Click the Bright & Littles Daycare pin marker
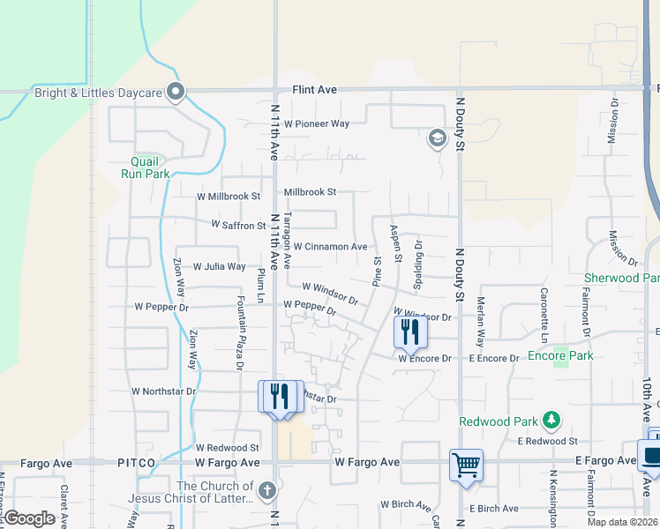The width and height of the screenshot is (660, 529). pos(176,91)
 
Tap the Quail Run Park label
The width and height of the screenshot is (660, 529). pos(145,168)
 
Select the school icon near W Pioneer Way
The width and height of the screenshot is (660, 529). pos(437,138)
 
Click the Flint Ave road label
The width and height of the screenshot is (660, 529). pos(316,90)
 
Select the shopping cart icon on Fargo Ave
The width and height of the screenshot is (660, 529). pos(466,464)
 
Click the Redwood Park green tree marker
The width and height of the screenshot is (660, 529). pos(551,418)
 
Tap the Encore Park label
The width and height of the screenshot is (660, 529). pos(560,355)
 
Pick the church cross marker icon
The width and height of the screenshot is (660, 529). pos(267,490)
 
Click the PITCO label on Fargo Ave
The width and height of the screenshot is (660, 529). pos(136,463)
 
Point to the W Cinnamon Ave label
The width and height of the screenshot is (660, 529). pos(330,247)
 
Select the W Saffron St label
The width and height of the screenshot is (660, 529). pos(238,226)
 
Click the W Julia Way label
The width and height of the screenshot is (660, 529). pos(219,266)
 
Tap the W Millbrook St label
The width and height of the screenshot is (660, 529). pos(229,196)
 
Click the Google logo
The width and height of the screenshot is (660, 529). pos(29,518)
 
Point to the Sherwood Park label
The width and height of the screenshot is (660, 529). pos(621,278)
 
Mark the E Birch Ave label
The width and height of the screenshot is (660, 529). pos(494,509)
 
